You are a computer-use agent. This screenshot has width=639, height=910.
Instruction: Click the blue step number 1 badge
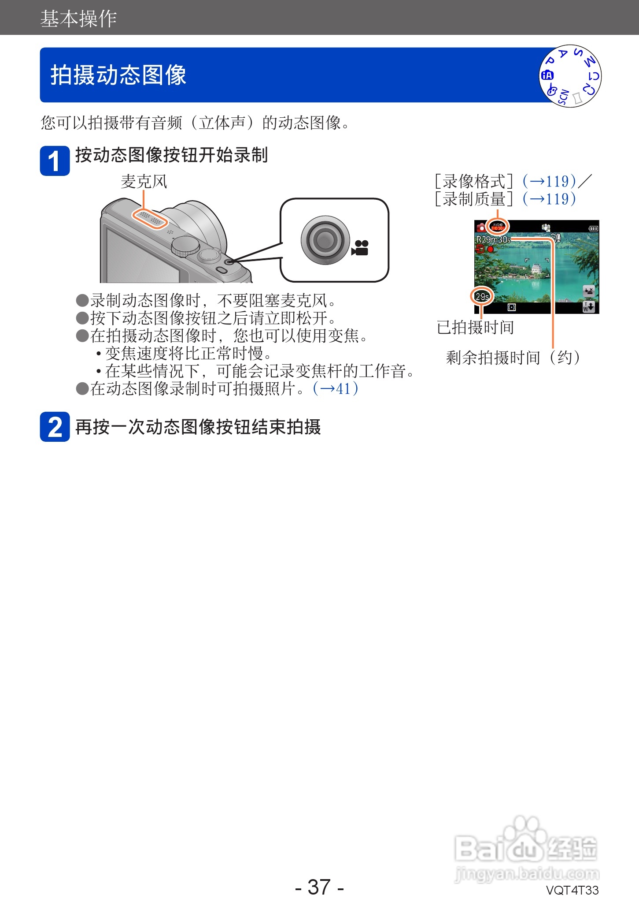pyautogui.click(x=55, y=161)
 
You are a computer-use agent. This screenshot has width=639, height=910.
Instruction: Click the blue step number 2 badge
pyautogui.click(x=55, y=427)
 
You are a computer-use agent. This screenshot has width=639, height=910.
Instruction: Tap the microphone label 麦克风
pyautogui.click(x=144, y=181)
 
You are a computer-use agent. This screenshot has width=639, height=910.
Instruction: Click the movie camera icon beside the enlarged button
pyautogui.click(x=360, y=248)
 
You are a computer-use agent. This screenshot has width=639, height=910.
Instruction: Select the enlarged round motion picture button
pyautogui.click(x=325, y=240)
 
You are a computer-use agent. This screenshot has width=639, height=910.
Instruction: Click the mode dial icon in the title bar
pyautogui.click(x=570, y=76)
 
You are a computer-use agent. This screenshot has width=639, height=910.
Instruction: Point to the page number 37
pyautogui.click(x=319, y=887)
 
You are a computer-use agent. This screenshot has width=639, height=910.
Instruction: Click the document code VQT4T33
pyautogui.click(x=572, y=890)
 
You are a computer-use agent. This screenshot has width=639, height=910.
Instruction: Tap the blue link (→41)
pyautogui.click(x=336, y=388)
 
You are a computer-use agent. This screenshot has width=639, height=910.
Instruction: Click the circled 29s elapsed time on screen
pyautogui.click(x=482, y=296)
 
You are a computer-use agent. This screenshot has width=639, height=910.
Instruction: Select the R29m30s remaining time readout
pyautogui.click(x=493, y=240)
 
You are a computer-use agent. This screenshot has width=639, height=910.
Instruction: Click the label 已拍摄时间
pyautogui.click(x=475, y=328)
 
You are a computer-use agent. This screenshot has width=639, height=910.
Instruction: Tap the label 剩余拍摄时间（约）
pyautogui.click(x=513, y=358)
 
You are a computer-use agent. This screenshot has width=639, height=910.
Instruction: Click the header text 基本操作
pyautogui.click(x=78, y=19)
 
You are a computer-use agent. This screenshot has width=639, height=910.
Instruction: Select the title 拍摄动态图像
pyautogui.click(x=118, y=75)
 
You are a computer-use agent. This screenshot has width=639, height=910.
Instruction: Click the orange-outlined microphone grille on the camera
pyautogui.click(x=150, y=218)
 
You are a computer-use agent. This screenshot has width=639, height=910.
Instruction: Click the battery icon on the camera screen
pyautogui.click(x=593, y=228)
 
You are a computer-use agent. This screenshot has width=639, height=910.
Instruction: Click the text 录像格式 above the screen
pyautogui.click(x=473, y=181)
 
